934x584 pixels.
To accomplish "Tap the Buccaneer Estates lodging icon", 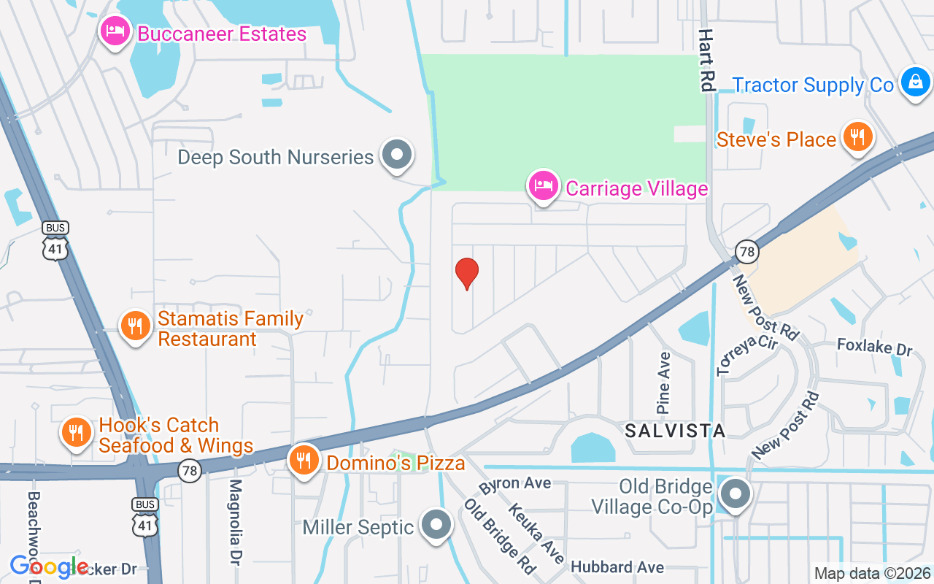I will click(115, 32).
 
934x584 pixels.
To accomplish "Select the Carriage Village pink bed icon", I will click(544, 186).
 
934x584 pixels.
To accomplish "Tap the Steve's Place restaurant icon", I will click(858, 137).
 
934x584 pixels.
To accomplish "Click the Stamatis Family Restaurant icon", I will click(135, 326).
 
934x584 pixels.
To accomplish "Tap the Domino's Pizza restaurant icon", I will click(304, 460).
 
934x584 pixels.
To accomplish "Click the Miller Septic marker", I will click(437, 525).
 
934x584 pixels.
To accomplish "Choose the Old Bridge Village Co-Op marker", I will click(735, 493).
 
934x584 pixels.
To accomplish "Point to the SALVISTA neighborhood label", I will click(675, 431).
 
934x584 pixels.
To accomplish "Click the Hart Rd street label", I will click(706, 60).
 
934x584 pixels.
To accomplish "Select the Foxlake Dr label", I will click(874, 346).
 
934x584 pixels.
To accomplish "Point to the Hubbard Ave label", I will click(617, 567).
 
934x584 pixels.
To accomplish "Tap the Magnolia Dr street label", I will click(235, 521).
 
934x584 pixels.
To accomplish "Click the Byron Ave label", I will click(515, 483).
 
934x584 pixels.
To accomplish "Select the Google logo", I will click(49, 566).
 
